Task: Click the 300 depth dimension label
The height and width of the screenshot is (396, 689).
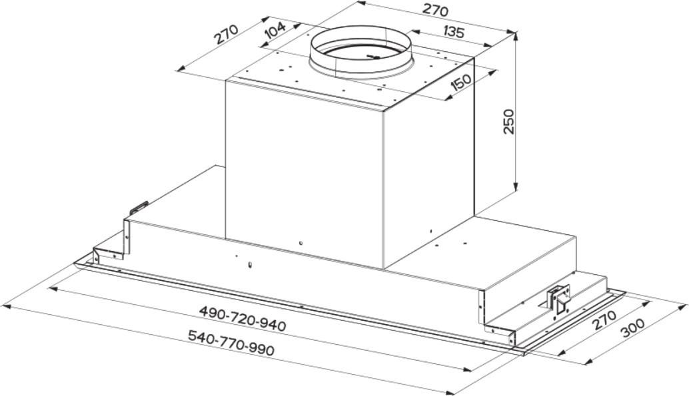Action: point(632,327)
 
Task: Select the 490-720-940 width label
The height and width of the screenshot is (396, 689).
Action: point(243,318)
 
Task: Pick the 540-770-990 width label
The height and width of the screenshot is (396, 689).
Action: point(231,343)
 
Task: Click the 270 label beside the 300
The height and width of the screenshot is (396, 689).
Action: point(604,320)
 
